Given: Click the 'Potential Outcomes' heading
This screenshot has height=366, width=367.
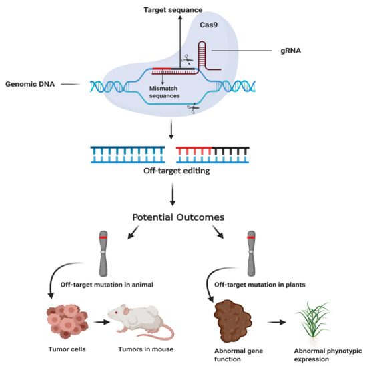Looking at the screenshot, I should click(x=183, y=218).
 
